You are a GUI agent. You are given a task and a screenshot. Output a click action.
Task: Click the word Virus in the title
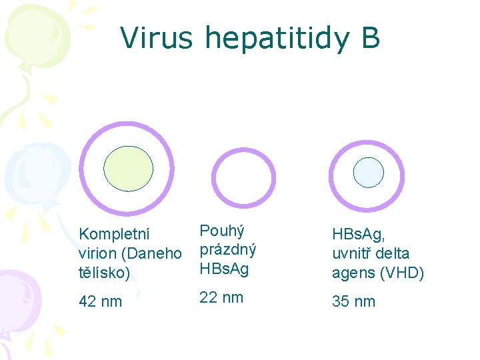156,38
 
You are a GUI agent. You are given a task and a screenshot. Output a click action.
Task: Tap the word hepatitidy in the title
274,39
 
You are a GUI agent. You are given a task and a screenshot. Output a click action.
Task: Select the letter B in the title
371,38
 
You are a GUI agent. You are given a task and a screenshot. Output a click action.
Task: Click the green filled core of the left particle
129,169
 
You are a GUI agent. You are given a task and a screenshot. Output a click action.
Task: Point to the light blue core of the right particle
368,172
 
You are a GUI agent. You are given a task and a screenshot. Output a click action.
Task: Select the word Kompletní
114,235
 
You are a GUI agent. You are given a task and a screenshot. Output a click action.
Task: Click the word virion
97,253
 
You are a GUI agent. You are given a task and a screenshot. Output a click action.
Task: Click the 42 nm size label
101,301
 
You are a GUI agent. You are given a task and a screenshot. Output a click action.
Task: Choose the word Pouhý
222,231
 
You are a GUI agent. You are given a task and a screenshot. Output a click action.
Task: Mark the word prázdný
228,251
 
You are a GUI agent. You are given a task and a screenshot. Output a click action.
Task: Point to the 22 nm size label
221,297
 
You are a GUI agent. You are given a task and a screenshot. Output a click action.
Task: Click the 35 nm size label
354,301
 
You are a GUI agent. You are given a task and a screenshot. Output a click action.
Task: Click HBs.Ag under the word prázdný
224,269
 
